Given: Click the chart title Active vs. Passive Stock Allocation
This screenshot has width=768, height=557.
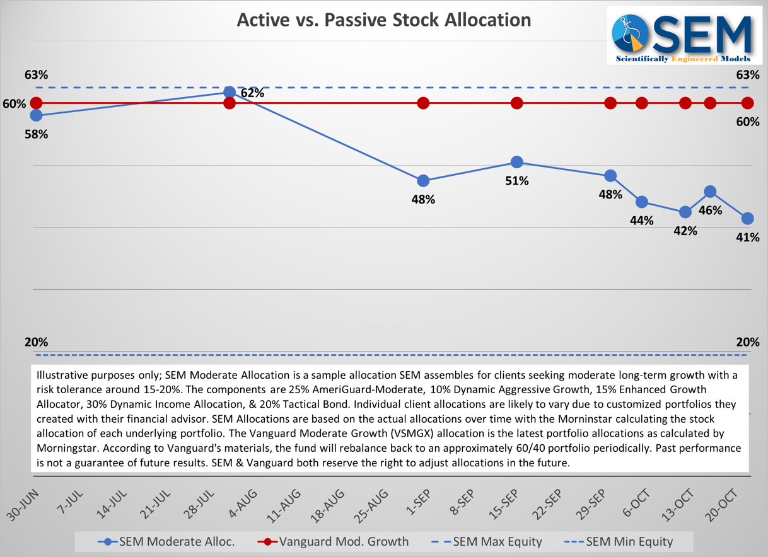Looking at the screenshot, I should point(383,20).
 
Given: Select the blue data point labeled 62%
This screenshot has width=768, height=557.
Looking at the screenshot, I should point(230,93).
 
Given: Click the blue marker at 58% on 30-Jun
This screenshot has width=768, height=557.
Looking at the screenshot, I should point(36,115).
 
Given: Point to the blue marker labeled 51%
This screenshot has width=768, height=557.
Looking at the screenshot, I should point(516,162).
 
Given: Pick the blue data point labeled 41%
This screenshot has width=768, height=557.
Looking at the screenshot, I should point(747,219).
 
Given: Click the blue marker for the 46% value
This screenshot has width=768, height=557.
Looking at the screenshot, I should point(710,192).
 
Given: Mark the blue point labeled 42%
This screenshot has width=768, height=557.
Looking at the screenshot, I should point(685,212).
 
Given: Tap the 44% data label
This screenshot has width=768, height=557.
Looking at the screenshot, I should point(641,221).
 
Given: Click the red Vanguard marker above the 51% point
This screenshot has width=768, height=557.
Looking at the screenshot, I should point(516,103).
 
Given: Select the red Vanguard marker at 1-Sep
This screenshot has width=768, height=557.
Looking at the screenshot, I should point(423,103).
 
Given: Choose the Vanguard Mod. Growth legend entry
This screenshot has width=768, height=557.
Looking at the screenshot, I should point(334,541).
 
